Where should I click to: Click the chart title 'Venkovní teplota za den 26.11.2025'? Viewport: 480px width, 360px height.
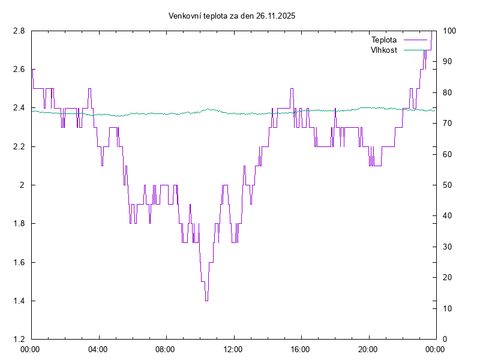tap(232, 16)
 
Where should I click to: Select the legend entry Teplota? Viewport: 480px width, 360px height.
tap(384, 40)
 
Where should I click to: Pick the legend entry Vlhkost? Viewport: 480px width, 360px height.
tap(384, 50)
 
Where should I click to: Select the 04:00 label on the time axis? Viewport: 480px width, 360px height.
tap(98, 349)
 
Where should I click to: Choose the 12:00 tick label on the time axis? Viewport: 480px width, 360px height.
tap(233, 349)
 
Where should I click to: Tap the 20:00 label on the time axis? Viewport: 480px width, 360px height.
tap(368, 349)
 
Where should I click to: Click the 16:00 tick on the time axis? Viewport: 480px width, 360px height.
tap(300, 349)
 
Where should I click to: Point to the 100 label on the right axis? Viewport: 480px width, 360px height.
tap(449, 31)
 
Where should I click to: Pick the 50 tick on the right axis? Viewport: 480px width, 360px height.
tap(447, 185)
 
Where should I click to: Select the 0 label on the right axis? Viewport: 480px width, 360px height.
tap(445, 340)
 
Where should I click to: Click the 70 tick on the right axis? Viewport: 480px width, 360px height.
tap(447, 124)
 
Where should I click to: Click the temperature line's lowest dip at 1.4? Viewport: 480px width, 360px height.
tap(206, 300)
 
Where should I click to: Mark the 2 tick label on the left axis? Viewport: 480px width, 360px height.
tap(23, 185)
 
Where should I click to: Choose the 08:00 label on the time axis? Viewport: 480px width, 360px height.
tap(165, 349)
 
